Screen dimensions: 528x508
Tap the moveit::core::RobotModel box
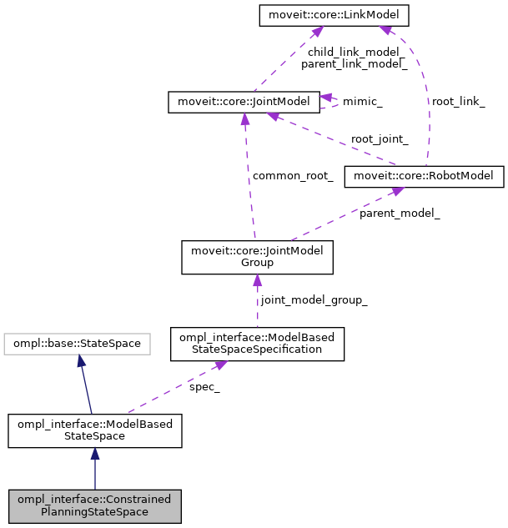click(x=425, y=176)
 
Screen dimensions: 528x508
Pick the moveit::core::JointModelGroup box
click(x=258, y=257)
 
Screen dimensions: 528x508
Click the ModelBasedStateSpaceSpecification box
click(x=257, y=344)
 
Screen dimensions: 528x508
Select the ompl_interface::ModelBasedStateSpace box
click(x=95, y=430)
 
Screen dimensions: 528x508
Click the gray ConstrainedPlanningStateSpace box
click(x=94, y=505)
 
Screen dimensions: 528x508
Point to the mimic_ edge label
click(x=364, y=102)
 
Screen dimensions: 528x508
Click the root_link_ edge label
click(x=457, y=101)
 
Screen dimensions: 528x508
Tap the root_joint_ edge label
click(x=380, y=139)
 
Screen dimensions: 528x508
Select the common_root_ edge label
click(x=293, y=176)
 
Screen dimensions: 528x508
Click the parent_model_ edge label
click(x=400, y=214)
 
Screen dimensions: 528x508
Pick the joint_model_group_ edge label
click(x=314, y=299)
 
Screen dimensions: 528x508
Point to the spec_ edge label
click(x=204, y=388)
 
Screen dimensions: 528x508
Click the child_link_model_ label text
click(x=354, y=52)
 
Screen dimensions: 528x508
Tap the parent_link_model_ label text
click(x=354, y=63)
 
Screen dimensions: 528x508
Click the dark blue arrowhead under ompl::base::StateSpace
click(x=80, y=360)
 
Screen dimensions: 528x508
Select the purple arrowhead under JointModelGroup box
click(x=257, y=281)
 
